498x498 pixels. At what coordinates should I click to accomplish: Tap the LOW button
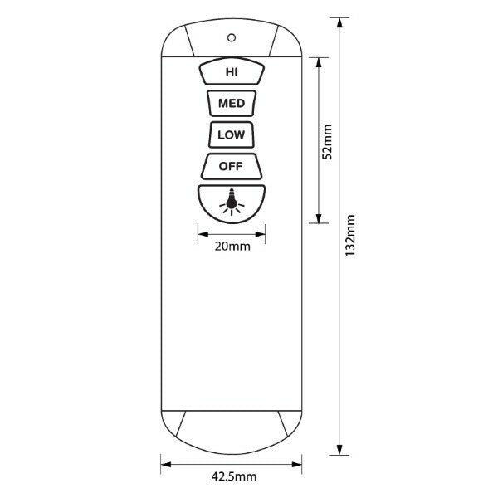pyautogui.click(x=230, y=134)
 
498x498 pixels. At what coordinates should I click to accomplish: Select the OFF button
pyautogui.click(x=230, y=166)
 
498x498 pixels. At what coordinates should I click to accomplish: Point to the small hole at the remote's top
pyautogui.click(x=231, y=36)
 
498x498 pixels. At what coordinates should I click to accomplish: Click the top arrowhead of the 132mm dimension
pyautogui.click(x=339, y=22)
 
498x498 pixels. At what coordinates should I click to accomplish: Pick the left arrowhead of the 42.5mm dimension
pyautogui.click(x=164, y=465)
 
